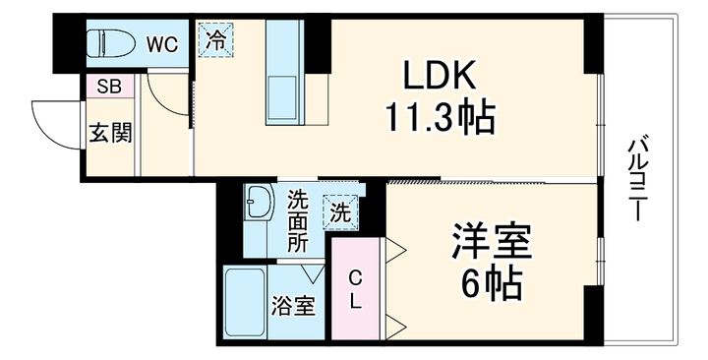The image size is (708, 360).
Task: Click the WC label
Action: pos(162,44)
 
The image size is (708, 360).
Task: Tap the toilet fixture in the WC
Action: pos(107,44)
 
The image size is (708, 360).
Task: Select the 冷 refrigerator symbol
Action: pos(215,41)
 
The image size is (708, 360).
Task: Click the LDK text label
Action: pos(438,76)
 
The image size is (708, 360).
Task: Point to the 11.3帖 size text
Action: pos(440,119)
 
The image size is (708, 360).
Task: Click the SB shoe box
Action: pos(108,86)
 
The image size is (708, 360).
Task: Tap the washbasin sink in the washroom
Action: pos(259,206)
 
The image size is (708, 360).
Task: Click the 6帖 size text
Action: pos(492,286)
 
